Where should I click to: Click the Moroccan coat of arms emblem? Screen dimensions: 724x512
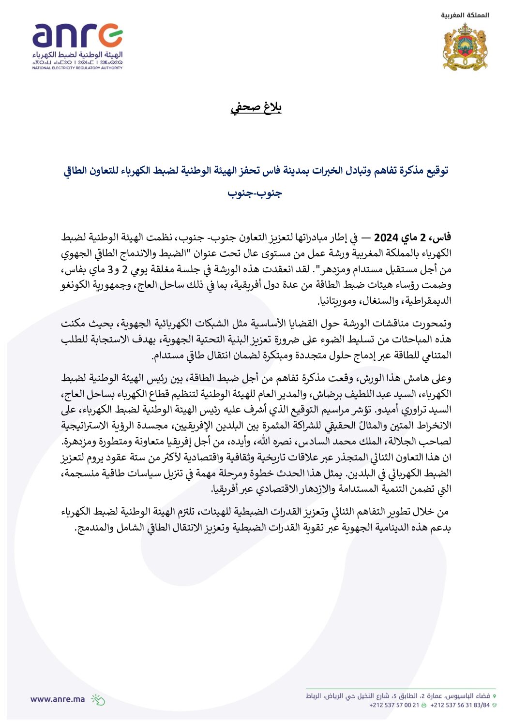[465, 46]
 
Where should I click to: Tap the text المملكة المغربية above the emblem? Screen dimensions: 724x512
[465, 15]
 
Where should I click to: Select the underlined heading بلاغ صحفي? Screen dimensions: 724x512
[256, 107]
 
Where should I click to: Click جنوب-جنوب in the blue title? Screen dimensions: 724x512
[255, 193]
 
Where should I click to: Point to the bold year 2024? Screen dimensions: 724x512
[386, 237]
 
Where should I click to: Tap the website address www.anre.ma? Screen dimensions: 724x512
[57, 699]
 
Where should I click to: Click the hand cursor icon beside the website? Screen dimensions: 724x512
[98, 699]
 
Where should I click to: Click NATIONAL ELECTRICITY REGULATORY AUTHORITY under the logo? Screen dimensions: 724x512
[77, 68]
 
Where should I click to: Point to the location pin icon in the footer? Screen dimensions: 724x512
[494, 696]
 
